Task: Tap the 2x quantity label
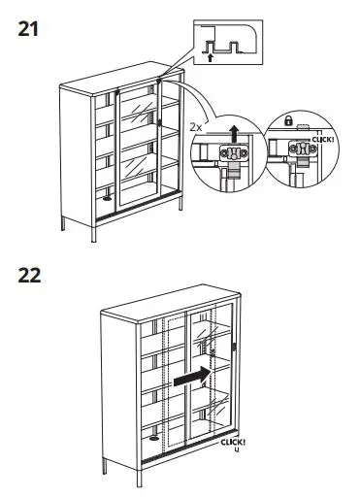(197, 127)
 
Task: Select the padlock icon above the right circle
(288, 119)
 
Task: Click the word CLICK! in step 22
(233, 442)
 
